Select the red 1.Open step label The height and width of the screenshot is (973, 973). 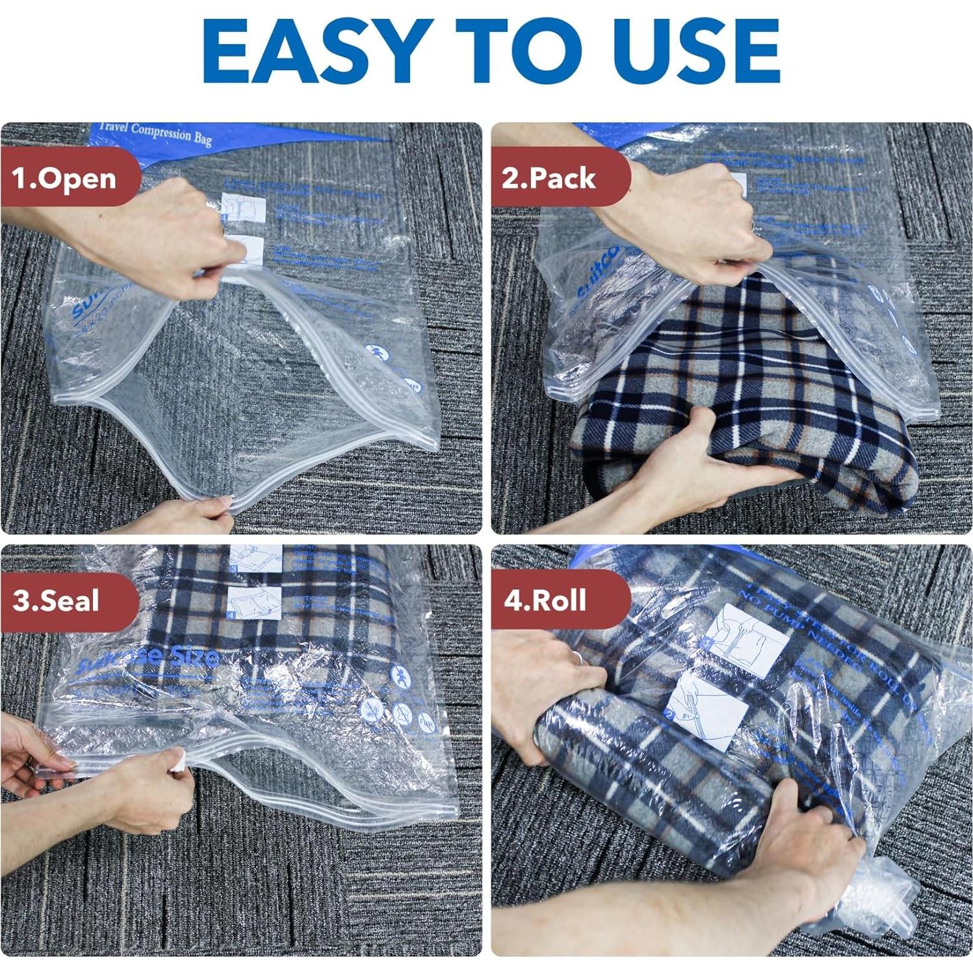(x=65, y=178)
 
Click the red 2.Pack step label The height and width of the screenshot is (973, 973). (x=550, y=177)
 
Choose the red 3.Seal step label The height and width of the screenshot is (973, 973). (x=57, y=600)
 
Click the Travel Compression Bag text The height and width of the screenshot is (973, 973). (x=162, y=133)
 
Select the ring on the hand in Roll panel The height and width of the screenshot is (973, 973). (x=577, y=658)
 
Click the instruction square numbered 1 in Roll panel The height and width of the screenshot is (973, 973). (x=747, y=641)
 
